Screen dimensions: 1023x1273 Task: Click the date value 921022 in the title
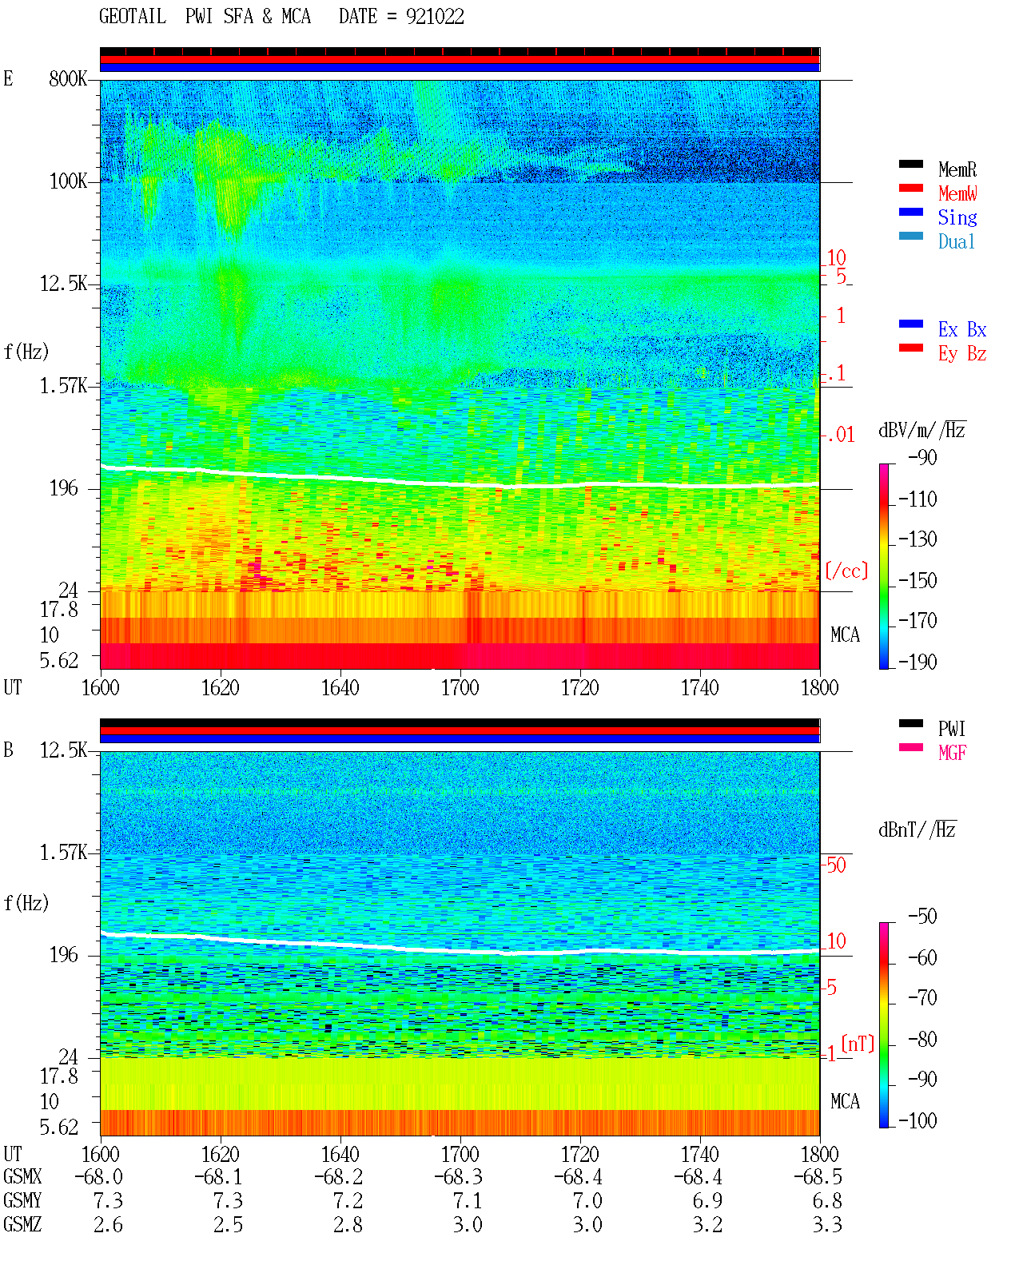pyautogui.click(x=435, y=17)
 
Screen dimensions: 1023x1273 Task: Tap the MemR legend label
pyautogui.click(x=957, y=169)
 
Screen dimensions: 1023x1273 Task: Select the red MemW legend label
pyautogui.click(x=957, y=193)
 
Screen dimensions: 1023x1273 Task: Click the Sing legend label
pyautogui.click(x=957, y=217)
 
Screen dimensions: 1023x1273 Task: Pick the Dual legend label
pyautogui.click(x=956, y=241)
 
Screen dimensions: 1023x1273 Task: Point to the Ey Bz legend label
pyautogui.click(x=961, y=353)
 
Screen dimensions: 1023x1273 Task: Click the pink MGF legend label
pyautogui.click(x=952, y=753)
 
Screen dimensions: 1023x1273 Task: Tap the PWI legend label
pyautogui.click(x=951, y=728)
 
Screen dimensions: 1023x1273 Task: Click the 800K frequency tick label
pyautogui.click(x=68, y=78)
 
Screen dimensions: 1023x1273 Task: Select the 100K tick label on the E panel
pyautogui.click(x=68, y=181)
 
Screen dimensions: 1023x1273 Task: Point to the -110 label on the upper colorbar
pyautogui.click(x=918, y=499)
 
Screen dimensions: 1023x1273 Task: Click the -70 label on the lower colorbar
pyautogui.click(x=922, y=998)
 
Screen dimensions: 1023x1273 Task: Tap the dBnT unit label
pyautogui.click(x=917, y=830)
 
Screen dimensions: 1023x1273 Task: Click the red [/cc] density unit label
pyautogui.click(x=846, y=571)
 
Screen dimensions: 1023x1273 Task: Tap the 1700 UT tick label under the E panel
pyautogui.click(x=460, y=687)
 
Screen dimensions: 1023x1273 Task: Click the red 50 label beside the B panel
pyautogui.click(x=836, y=865)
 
